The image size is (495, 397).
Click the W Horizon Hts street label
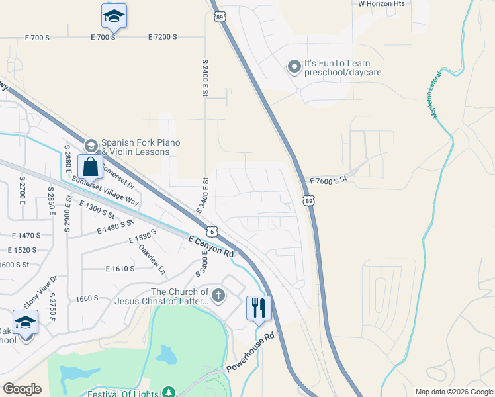(x=381, y=4)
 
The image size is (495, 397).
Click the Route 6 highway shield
(x=211, y=232)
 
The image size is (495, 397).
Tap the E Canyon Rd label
(x=211, y=246)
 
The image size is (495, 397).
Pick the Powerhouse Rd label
(x=250, y=353)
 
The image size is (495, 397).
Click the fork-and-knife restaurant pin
(x=259, y=308)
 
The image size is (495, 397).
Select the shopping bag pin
(x=90, y=167)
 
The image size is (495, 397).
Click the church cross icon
(x=218, y=294)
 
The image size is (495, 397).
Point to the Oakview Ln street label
(x=152, y=259)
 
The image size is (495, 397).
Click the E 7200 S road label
(x=163, y=37)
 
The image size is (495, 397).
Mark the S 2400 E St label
(x=205, y=76)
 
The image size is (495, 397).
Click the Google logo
(x=22, y=389)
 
